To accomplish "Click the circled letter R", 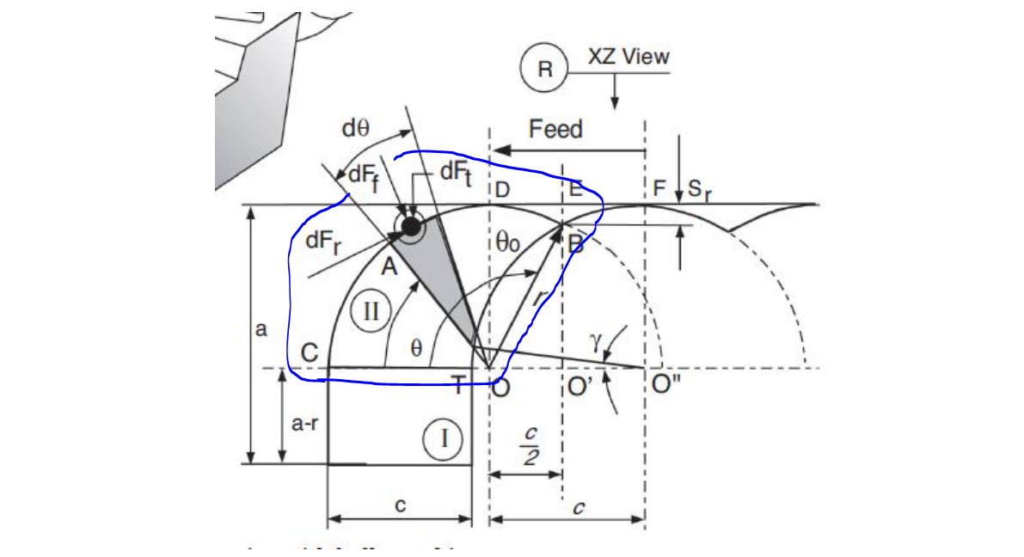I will [544, 70].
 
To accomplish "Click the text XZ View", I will [629, 57].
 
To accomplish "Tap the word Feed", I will [555, 129].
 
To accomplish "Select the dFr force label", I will [323, 241].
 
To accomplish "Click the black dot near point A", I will [411, 226].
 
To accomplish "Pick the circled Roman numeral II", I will [371, 310].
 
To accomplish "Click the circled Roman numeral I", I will [444, 438].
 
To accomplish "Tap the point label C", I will [310, 353].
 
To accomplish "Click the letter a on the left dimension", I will [261, 328].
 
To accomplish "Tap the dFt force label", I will [456, 172].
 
